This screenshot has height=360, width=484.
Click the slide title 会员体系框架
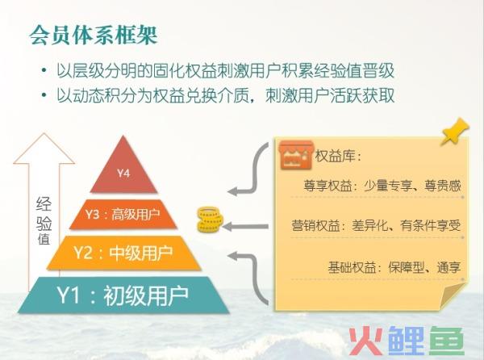(x=94, y=35)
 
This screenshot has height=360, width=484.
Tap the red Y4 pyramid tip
(x=123, y=167)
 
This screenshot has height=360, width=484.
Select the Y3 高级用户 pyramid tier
(x=123, y=214)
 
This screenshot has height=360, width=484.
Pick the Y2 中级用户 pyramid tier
(x=123, y=253)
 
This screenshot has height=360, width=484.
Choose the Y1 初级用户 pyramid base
(x=123, y=295)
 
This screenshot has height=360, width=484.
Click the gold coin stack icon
(x=210, y=220)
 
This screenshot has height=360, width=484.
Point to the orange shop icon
(x=296, y=155)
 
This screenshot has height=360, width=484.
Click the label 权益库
(x=338, y=157)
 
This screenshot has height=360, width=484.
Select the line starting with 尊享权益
(x=382, y=186)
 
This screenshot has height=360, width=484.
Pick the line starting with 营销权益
(x=376, y=226)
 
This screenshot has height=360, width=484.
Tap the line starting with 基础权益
(x=394, y=267)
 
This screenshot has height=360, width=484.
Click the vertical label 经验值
(x=44, y=220)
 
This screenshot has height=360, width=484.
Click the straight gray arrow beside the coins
(x=245, y=227)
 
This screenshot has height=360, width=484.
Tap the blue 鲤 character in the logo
(x=407, y=341)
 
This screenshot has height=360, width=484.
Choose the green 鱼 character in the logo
(x=447, y=341)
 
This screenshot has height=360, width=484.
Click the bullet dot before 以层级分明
(x=44, y=71)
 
